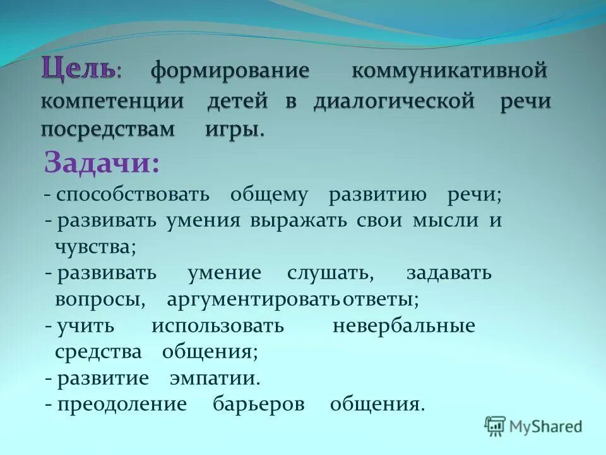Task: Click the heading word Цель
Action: coord(78,68)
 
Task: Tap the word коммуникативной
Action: coord(448,70)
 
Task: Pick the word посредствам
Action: coord(108,131)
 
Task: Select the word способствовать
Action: coord(133,195)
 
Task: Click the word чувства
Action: coord(95,247)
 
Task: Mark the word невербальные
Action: coord(403,326)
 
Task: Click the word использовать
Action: coord(218,326)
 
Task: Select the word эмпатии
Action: coord(215,379)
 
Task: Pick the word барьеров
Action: coord(259,404)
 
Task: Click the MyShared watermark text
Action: coord(546,427)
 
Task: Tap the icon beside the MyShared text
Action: coord(495,427)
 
